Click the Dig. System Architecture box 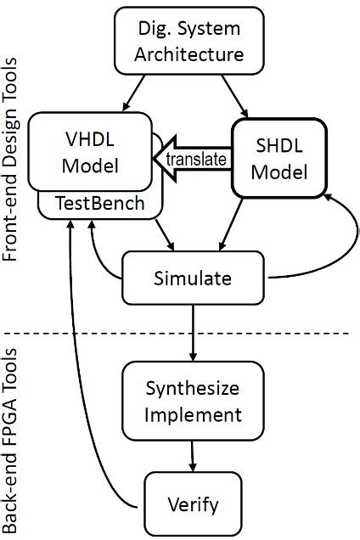pyautogui.click(x=189, y=42)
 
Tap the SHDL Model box pyautogui.click(x=280, y=157)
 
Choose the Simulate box pyautogui.click(x=194, y=277)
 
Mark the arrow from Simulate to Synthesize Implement pyautogui.click(x=194, y=331)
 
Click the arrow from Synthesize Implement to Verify pyautogui.click(x=194, y=456)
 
